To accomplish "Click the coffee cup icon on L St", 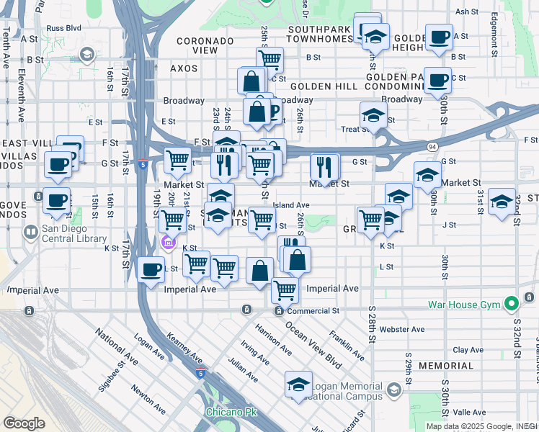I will pyautogui.click(x=151, y=271).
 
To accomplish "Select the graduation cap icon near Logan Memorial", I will pyautogui.click(x=298, y=385).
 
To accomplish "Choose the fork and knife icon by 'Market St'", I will pyautogui.click(x=325, y=168).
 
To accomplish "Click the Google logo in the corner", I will pyautogui.click(x=24, y=423).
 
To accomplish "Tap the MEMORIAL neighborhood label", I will pyautogui.click(x=445, y=366).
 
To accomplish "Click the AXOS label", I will pyautogui.click(x=183, y=68).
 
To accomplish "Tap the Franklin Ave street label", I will pyautogui.click(x=347, y=346).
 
